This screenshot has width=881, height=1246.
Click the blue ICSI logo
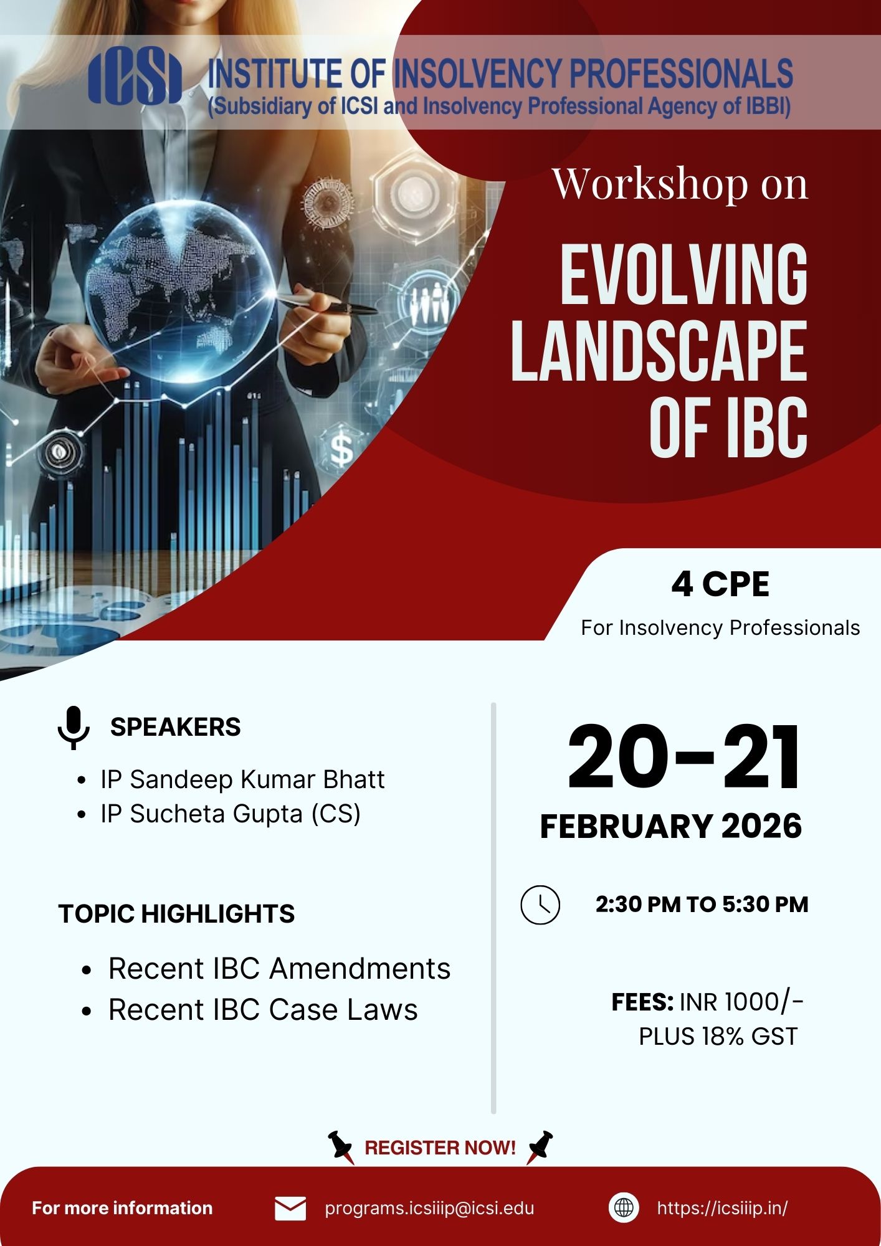[135, 77]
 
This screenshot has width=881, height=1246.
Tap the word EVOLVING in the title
[683, 275]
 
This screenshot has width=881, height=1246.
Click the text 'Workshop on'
[680, 184]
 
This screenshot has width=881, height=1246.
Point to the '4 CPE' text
[720, 584]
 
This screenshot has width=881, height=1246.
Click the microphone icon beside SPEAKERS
[74, 727]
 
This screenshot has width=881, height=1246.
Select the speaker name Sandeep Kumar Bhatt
[257, 779]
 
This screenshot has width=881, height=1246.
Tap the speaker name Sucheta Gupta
[216, 814]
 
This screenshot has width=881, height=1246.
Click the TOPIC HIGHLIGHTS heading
[176, 914]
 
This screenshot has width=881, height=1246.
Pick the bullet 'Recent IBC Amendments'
[279, 969]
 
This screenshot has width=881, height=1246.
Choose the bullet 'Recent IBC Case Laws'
[263, 1010]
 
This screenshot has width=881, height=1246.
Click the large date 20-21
[684, 758]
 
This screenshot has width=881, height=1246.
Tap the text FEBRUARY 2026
[670, 826]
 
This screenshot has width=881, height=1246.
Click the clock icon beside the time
[540, 905]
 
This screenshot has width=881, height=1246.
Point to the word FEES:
[642, 1002]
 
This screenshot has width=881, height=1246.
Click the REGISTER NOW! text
[440, 1148]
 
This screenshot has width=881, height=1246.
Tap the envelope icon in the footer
[290, 1209]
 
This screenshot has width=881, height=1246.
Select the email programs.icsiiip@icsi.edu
[430, 1209]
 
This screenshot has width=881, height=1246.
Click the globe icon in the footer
[624, 1208]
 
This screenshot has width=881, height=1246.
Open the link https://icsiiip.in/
[722, 1209]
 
